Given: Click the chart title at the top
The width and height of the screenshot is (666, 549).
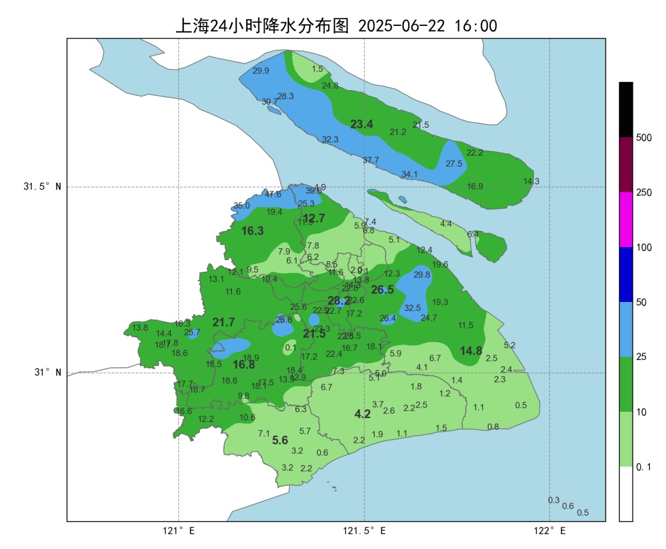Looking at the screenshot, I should point(337,26).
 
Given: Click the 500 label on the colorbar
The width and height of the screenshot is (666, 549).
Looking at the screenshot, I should point(644,137).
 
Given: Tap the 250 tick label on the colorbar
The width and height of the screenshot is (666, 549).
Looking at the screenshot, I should point(644,193).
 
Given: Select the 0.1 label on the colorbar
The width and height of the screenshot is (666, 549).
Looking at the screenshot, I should point(643,467).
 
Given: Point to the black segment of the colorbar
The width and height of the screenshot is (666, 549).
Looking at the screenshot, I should point(626,109).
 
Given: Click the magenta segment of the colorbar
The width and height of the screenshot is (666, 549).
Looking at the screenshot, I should point(626,219).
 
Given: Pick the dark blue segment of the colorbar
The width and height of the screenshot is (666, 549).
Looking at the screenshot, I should point(626,274).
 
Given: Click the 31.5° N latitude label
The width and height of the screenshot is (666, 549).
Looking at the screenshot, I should point(43,187).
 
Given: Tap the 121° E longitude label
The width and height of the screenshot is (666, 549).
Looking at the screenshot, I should point(179,530).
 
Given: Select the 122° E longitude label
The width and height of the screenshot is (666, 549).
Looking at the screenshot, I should point(550,530).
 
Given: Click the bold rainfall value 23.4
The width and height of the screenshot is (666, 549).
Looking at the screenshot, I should point(361,125).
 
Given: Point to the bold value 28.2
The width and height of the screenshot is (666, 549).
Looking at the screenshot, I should point(339,301).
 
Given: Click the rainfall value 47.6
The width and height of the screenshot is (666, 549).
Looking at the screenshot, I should point(273,194).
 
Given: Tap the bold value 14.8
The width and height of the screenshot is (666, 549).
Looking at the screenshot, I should point(471,351).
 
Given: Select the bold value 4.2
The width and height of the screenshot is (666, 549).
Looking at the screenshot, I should point(363,414).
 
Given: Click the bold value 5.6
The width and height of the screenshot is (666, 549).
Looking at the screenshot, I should point(280,440).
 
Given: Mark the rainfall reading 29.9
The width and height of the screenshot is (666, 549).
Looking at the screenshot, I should point(261,71).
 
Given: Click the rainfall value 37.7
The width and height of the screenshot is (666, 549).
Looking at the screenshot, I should point(371,160).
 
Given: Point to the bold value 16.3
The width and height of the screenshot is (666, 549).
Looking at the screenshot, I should point(252,231).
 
